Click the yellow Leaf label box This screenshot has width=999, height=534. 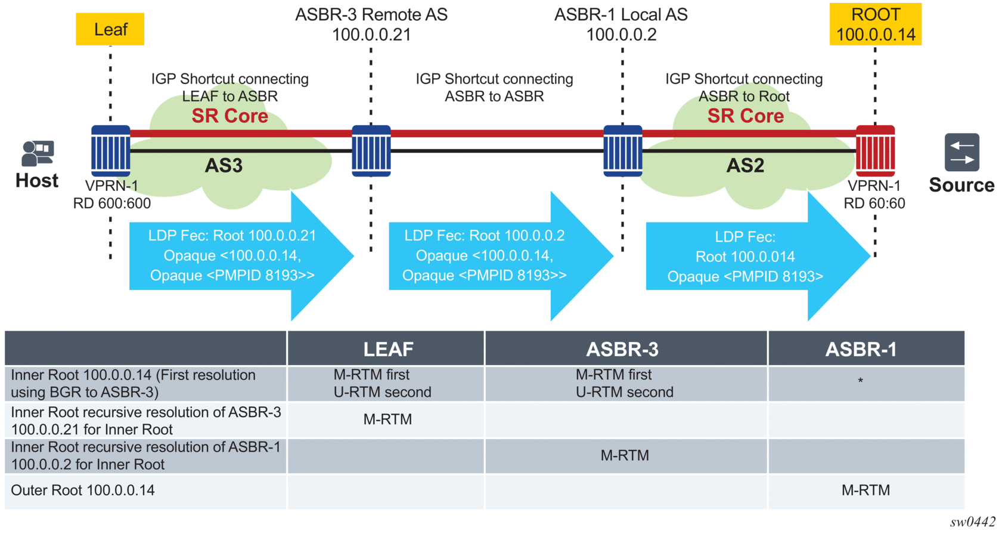(x=110, y=29)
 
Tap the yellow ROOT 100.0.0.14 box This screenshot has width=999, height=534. (x=875, y=24)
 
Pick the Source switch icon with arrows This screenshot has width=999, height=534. (x=961, y=152)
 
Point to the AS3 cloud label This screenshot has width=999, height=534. (x=224, y=165)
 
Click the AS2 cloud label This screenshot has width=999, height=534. (x=745, y=165)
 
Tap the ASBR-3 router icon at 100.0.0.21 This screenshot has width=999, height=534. (x=371, y=150)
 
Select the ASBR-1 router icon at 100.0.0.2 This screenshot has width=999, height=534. (x=623, y=150)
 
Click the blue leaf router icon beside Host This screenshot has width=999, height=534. (x=111, y=150)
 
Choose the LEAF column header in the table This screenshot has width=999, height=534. (x=388, y=349)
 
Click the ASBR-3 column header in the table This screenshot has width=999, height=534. (x=622, y=349)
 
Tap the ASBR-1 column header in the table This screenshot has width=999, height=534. (x=861, y=349)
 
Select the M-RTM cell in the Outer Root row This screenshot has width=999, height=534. (x=865, y=490)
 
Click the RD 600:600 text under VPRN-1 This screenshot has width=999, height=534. (x=112, y=203)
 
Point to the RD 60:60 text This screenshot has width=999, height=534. (x=874, y=203)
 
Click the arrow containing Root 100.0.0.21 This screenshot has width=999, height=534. (x=232, y=255)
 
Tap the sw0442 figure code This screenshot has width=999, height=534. (x=972, y=522)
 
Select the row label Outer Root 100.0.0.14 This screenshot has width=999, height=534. (x=83, y=490)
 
